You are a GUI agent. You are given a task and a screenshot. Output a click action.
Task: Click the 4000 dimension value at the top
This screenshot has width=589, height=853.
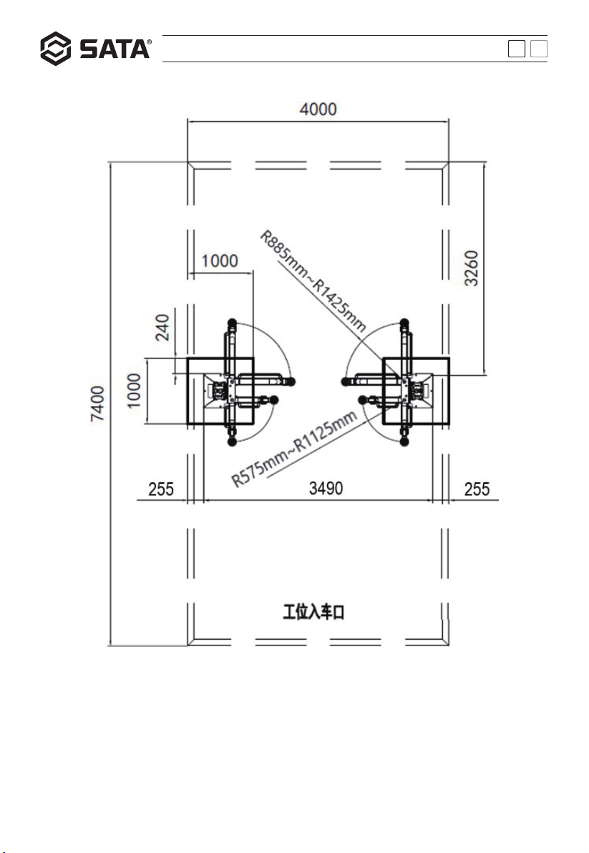pos(318,109)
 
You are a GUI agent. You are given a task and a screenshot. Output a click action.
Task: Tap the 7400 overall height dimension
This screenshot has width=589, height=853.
pos(97,403)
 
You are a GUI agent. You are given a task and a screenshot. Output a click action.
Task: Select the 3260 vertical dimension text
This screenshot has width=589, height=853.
pos(471,268)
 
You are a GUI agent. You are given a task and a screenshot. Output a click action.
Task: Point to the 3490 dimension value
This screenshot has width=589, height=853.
pos(326,488)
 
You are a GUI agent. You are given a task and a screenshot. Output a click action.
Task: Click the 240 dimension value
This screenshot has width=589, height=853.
pos(162,328)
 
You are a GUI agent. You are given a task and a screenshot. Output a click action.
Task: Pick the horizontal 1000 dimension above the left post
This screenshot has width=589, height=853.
pos(220,261)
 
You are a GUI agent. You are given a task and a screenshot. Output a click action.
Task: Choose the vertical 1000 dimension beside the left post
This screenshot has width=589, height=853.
pos(134,391)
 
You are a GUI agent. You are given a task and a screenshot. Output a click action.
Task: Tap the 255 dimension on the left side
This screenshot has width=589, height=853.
pos(161,489)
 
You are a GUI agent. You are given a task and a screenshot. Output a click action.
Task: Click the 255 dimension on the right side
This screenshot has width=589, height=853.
pos(477,489)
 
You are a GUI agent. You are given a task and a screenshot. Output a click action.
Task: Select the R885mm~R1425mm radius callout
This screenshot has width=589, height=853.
pos(313,281)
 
